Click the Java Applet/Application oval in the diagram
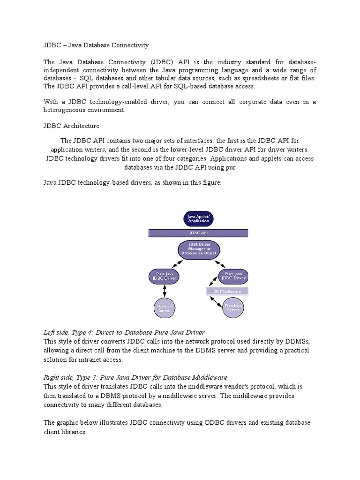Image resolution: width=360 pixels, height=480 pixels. [x=198, y=218]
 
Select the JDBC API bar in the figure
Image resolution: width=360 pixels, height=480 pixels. [x=198, y=232]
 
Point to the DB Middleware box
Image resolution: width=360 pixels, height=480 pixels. [x=227, y=291]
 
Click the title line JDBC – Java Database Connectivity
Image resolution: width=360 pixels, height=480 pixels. [x=96, y=45]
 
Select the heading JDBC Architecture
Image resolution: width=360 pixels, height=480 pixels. [x=71, y=126]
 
